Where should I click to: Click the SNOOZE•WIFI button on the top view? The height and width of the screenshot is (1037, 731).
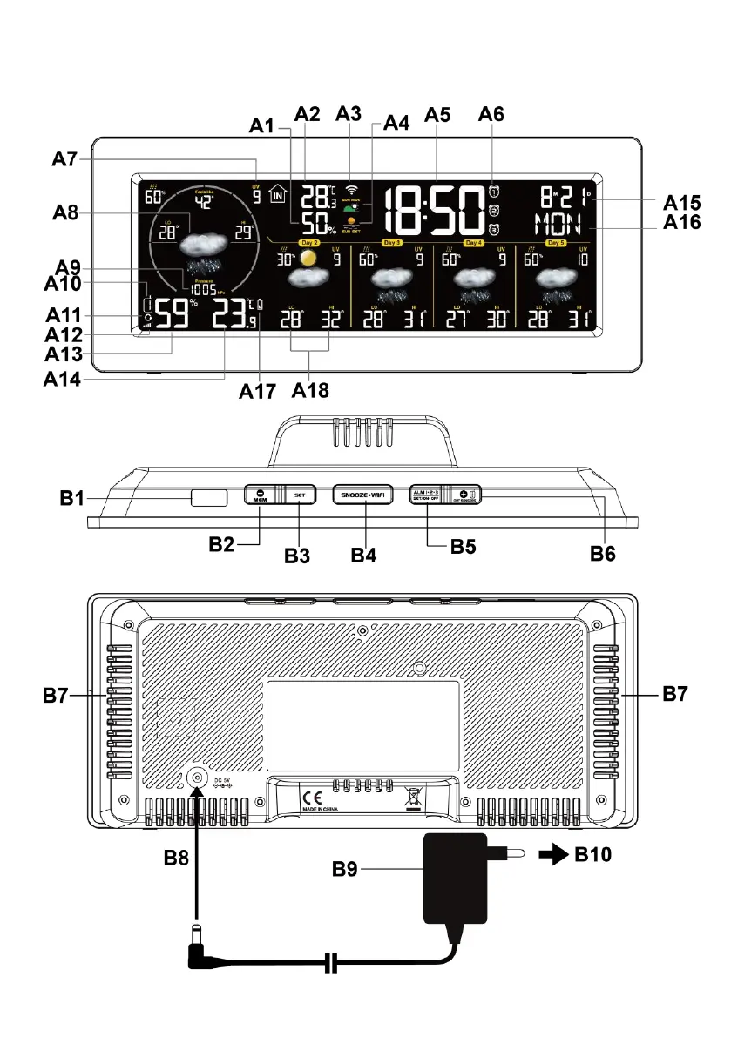tap(364, 495)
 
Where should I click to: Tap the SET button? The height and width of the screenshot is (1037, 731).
tap(299, 495)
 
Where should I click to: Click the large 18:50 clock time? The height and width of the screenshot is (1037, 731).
tap(435, 212)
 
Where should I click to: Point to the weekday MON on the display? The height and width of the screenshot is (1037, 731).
tap(562, 224)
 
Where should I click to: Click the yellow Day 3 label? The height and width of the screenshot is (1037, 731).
tap(391, 242)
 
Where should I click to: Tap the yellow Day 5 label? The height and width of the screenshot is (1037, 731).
tap(557, 242)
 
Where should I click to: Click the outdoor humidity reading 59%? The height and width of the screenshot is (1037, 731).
tap(170, 313)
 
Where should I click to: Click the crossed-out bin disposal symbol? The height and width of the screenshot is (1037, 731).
tap(413, 798)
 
